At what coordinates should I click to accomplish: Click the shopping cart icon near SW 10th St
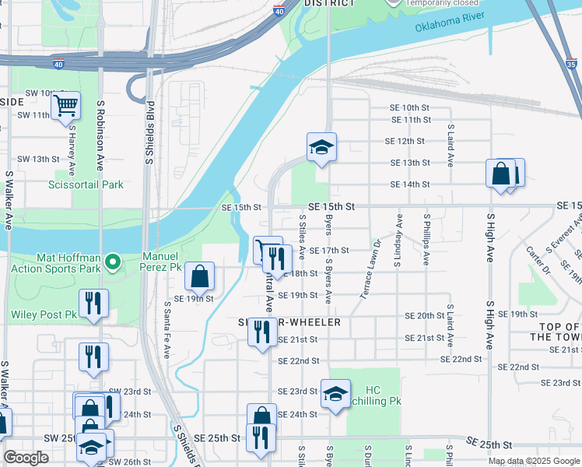65,104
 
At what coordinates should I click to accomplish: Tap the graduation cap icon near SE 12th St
321,146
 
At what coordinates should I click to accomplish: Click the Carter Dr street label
538,261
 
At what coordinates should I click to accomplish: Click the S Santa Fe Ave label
167,331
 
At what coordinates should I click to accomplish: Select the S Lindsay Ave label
398,240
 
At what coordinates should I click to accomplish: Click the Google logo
26,458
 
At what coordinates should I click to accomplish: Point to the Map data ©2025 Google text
533,461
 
